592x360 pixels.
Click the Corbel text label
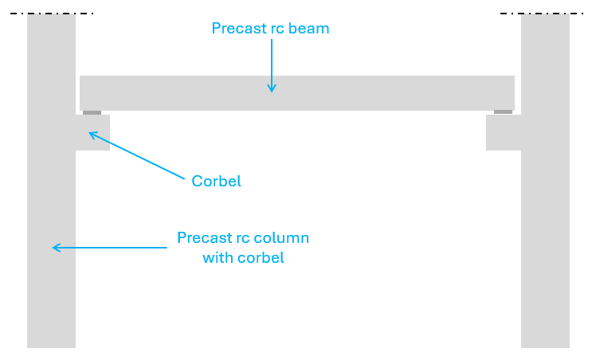pos(217,181)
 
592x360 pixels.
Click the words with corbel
pos(243,258)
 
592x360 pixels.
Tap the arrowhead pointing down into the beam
pos(272,88)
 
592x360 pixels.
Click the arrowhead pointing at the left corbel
pos(93,135)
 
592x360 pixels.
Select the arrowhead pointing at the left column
pos(57,248)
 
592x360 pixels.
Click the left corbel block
pos(93,132)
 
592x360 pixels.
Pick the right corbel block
pos(504,132)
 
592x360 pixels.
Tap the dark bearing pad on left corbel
pos(92,112)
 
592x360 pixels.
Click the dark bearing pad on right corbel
pos(504,112)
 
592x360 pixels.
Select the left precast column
pos(51,181)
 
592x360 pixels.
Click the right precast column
pos(545,181)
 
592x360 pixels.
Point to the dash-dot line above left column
pos(52,14)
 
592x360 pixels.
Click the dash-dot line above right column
pos(542,14)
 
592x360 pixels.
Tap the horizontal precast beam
pos(297,93)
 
